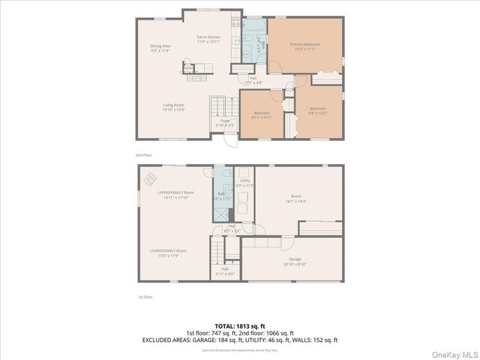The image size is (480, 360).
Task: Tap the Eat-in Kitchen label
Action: click(208, 40)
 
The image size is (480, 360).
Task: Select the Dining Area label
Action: click(160, 49)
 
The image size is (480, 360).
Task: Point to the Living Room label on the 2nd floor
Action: click(174, 107)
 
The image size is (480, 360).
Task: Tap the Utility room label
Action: click(244, 182)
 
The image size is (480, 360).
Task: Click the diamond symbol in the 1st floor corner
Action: click(151, 178)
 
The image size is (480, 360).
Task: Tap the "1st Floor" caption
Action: click(144, 298)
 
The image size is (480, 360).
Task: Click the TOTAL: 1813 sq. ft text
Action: click(240, 325)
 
